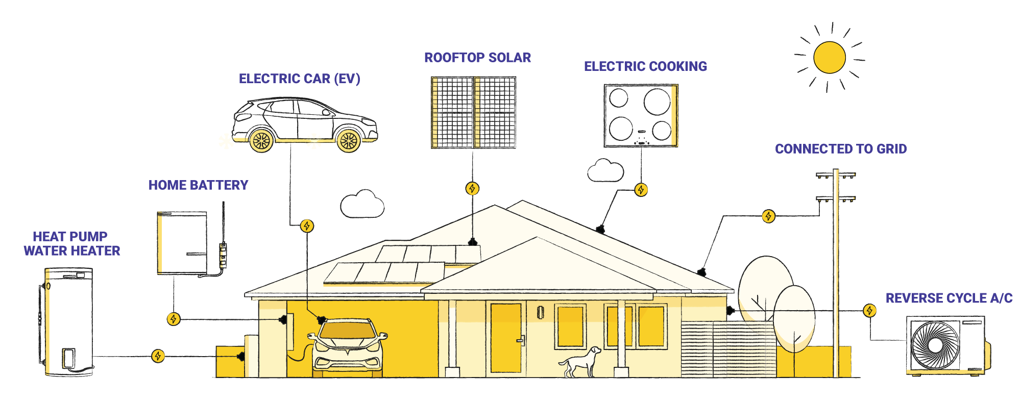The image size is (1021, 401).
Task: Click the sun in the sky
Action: point(830,58)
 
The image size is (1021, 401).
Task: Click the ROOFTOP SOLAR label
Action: point(477,58)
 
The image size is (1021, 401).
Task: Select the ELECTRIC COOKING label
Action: point(645,66)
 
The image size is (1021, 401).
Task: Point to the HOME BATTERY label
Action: point(198,185)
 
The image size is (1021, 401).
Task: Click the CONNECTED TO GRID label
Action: point(840,149)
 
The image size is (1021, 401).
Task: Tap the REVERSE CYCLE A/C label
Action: point(949,298)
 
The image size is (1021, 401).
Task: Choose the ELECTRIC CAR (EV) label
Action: point(299,79)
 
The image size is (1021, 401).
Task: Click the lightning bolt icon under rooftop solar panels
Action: point(472,189)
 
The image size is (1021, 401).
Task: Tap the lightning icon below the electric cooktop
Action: point(641,190)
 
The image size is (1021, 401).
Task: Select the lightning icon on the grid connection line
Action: point(768,216)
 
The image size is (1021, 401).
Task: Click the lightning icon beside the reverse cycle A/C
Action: point(870,310)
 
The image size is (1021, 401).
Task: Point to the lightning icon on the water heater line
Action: point(158,356)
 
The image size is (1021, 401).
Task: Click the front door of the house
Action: point(506,337)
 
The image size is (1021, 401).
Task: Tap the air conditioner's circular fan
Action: point(935,345)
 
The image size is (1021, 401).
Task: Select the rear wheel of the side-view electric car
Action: point(261,140)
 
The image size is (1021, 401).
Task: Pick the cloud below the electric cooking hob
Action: point(605,171)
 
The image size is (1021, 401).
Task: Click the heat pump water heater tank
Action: point(69,319)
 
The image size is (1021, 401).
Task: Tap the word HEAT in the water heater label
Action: point(48,237)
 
